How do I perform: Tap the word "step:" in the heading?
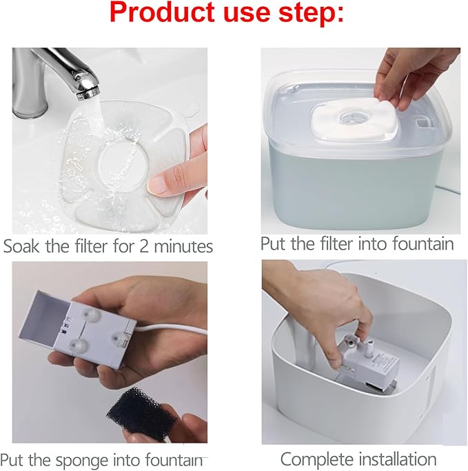pyautogui.click(x=309, y=13)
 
